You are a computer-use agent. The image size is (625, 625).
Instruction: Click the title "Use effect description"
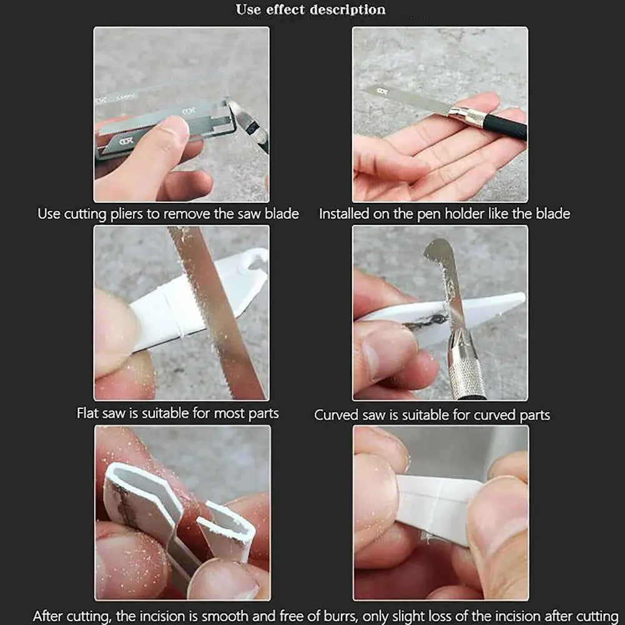(x=310, y=9)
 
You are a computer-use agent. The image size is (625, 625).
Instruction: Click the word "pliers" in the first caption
(x=125, y=214)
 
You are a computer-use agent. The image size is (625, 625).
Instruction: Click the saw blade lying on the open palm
(x=406, y=101)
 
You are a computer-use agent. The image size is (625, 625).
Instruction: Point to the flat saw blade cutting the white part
(x=215, y=312)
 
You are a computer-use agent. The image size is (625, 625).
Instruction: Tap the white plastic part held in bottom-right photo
(x=437, y=506)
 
